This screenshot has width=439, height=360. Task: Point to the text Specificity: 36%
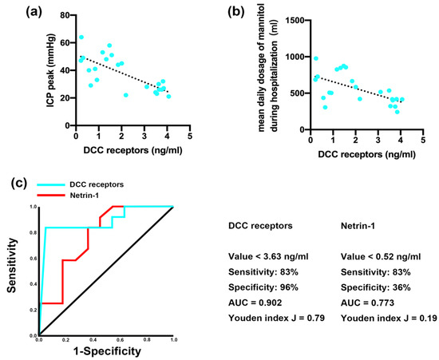[372, 285]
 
